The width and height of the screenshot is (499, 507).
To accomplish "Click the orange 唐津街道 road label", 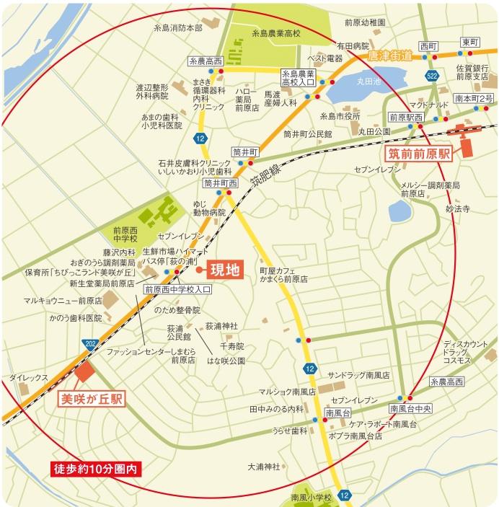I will pos(389,55).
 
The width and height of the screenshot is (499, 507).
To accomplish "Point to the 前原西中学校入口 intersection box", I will pos(177,289).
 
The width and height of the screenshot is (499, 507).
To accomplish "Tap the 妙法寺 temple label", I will pos(457,208).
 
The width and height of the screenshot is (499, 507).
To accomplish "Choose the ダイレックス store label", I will pos(29,377).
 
